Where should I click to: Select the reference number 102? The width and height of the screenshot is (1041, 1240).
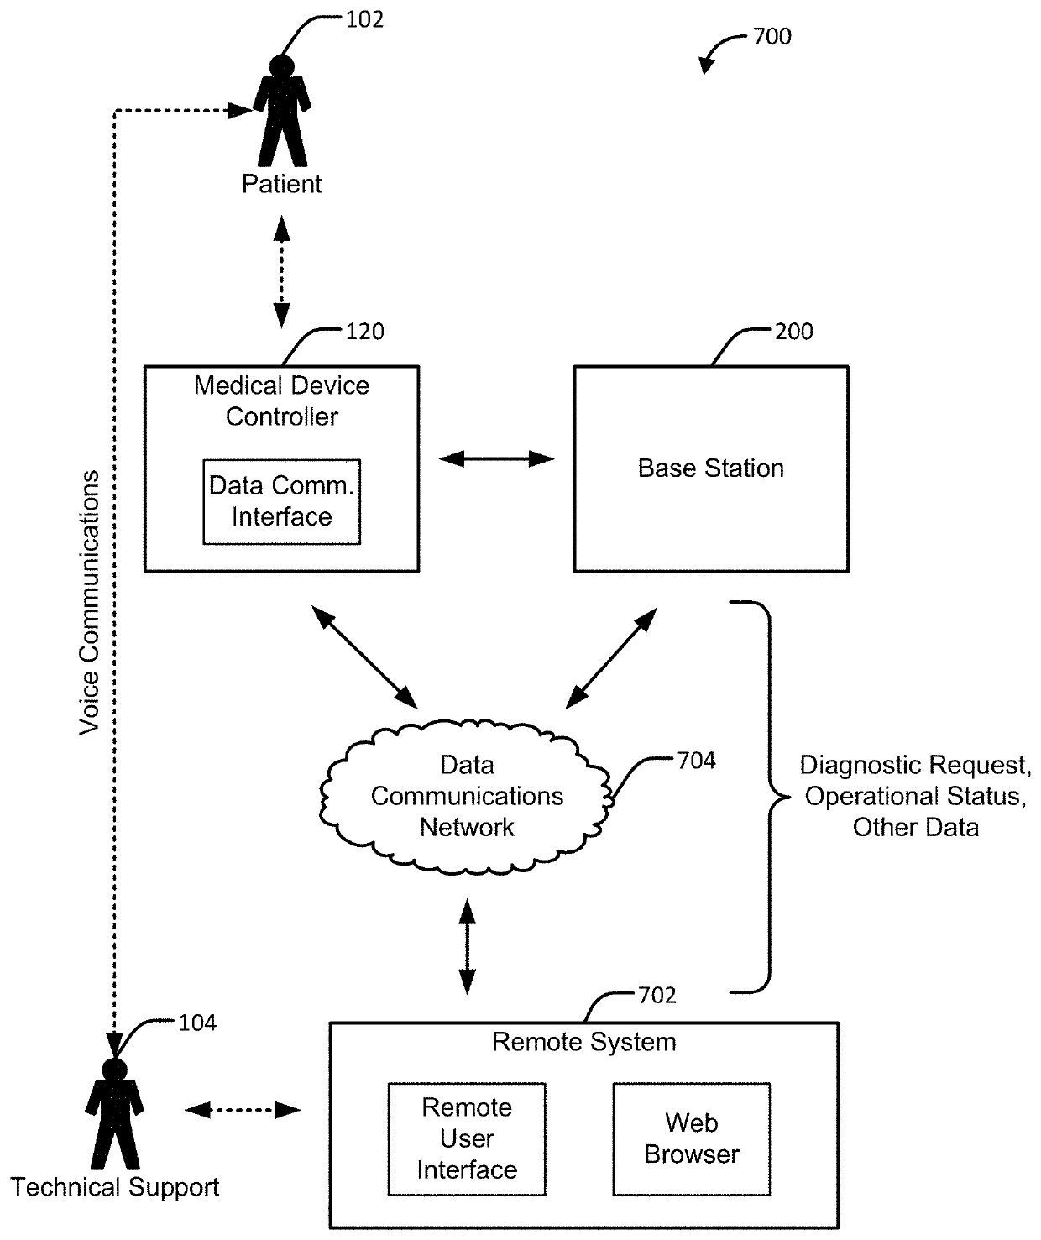tap(364, 20)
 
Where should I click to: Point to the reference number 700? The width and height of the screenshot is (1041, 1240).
tap(772, 37)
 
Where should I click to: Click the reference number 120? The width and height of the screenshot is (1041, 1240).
tap(364, 332)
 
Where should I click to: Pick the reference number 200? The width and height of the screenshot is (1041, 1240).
tap(794, 332)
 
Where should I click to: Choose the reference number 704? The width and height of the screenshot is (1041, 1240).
tap(697, 761)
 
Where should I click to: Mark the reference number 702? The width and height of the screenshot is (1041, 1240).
tap(657, 996)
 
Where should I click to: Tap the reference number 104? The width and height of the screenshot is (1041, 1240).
tap(197, 1023)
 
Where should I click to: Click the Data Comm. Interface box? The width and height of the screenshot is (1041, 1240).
tap(281, 502)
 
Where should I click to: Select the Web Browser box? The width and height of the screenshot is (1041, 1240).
tap(691, 1139)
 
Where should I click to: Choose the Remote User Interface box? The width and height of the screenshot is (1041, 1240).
tap(467, 1139)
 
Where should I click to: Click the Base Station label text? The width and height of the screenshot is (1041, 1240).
tap(711, 468)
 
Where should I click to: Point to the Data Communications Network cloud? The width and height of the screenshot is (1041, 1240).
tap(466, 797)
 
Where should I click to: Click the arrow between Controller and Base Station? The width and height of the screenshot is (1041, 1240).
tap(496, 459)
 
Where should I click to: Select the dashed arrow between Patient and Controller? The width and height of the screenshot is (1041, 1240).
tap(281, 272)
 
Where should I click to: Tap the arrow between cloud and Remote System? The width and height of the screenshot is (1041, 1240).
tap(468, 947)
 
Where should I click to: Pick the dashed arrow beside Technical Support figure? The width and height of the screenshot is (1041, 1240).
tap(243, 1110)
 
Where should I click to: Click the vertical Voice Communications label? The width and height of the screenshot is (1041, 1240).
tap(89, 603)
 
